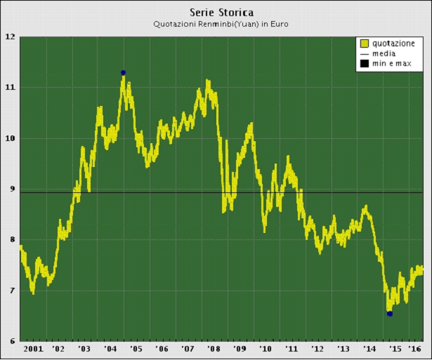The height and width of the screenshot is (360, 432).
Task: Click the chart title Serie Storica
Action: (221, 12)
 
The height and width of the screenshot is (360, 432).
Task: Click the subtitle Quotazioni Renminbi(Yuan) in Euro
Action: (221, 24)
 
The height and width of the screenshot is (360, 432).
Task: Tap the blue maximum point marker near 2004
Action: (123, 72)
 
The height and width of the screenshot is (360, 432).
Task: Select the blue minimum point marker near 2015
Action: (390, 314)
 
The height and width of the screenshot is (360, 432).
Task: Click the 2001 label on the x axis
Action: (32, 349)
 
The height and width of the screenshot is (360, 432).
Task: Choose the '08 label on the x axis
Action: (213, 349)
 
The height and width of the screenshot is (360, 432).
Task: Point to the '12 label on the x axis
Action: (317, 349)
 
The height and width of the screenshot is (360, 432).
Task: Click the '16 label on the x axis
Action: (414, 349)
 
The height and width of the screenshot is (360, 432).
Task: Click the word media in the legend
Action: (384, 53)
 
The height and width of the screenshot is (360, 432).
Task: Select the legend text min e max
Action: (391, 64)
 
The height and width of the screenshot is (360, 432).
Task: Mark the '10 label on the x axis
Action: (265, 349)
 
